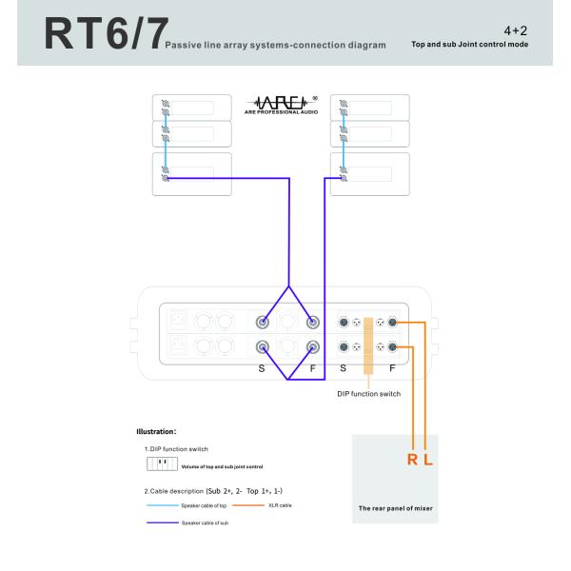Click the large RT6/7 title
coord(106,33)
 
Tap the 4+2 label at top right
coord(515,30)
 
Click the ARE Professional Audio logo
coord(281,106)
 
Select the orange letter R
coord(412,460)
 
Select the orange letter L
coord(428,460)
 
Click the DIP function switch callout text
coord(368,394)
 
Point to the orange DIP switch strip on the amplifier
coord(368,346)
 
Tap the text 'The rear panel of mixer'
coord(396,508)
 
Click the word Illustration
coord(156,431)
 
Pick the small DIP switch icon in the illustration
coord(162,464)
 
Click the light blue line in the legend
coord(163,505)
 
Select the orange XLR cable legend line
coord(248,505)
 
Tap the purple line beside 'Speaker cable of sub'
coord(163,522)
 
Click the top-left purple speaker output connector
coord(263,322)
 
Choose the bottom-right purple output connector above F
coord(312,347)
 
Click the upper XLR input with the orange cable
coord(392,323)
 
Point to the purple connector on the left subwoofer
coord(166,178)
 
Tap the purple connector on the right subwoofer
coord(344,178)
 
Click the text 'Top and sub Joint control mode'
coord(470,44)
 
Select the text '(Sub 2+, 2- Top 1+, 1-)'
coord(244,491)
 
